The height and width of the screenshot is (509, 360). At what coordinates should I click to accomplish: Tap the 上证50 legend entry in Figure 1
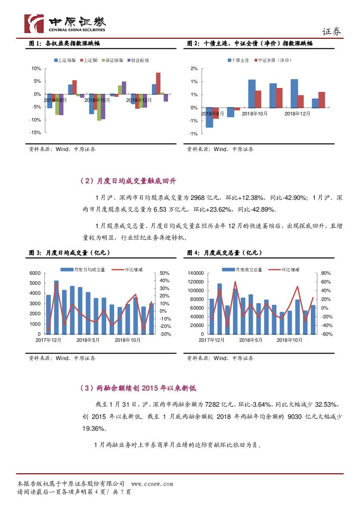coord(90,60)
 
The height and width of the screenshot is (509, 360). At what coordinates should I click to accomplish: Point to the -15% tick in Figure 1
coord(36,133)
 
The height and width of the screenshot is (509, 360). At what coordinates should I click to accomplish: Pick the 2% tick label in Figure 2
coord(194,69)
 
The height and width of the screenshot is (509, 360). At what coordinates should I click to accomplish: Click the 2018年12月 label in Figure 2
coord(297,114)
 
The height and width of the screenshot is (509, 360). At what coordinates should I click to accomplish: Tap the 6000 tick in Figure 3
coord(34,273)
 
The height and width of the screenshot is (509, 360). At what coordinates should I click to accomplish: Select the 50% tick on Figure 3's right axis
coord(164,273)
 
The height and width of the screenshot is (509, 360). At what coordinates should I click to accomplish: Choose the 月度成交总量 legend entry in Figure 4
coord(246,270)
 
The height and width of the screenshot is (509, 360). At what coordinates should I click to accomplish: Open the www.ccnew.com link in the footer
coord(152,484)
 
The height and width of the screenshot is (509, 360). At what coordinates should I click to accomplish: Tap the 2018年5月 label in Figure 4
coord(251,340)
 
